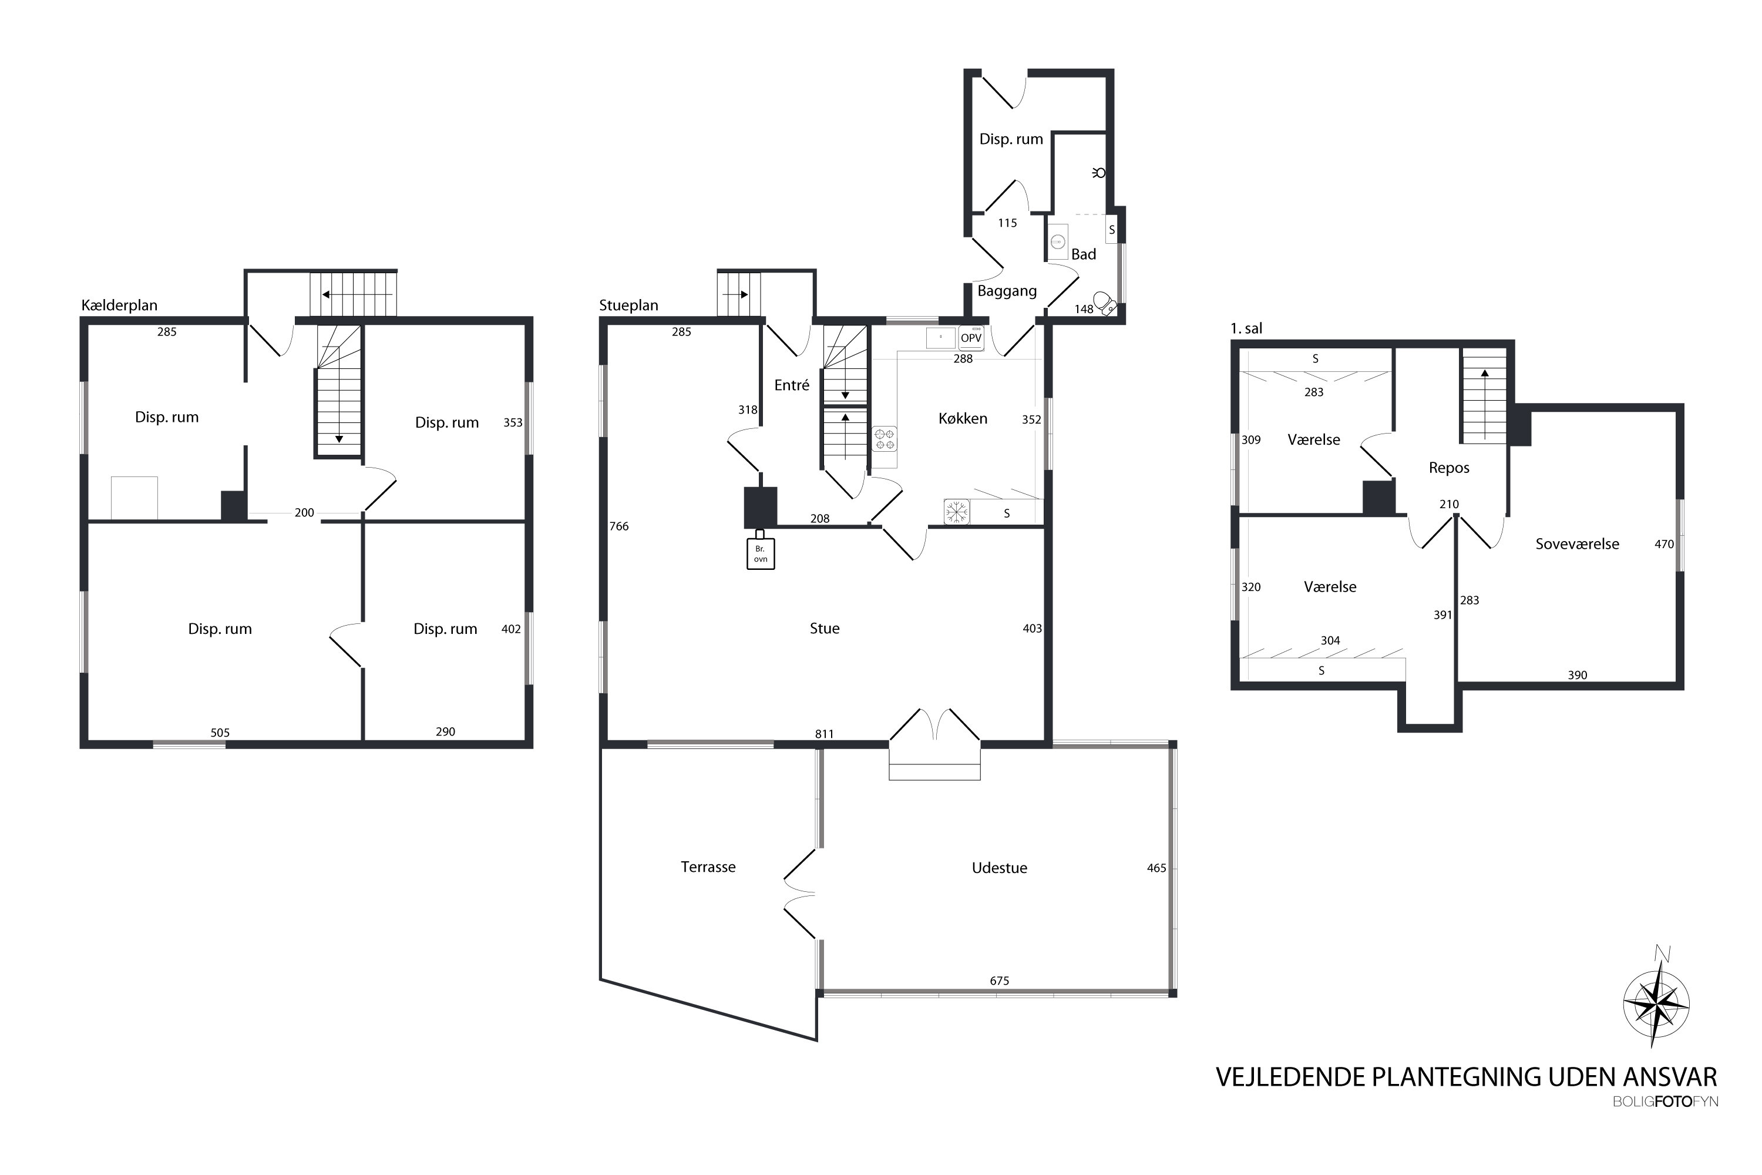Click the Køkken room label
click(963, 419)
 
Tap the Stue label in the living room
click(824, 629)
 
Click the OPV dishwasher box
click(971, 338)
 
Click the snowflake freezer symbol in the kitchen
click(956, 512)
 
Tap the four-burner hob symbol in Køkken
click(885, 438)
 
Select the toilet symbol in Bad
click(1104, 304)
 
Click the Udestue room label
click(1000, 868)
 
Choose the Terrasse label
click(708, 867)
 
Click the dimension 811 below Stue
click(824, 734)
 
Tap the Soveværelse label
click(1577, 544)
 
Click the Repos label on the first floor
click(1449, 468)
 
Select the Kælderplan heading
click(119, 305)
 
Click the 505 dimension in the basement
click(220, 733)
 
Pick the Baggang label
click(1007, 291)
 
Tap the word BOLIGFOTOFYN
click(1665, 1102)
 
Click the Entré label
click(792, 385)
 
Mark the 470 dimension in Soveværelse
click(1664, 544)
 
